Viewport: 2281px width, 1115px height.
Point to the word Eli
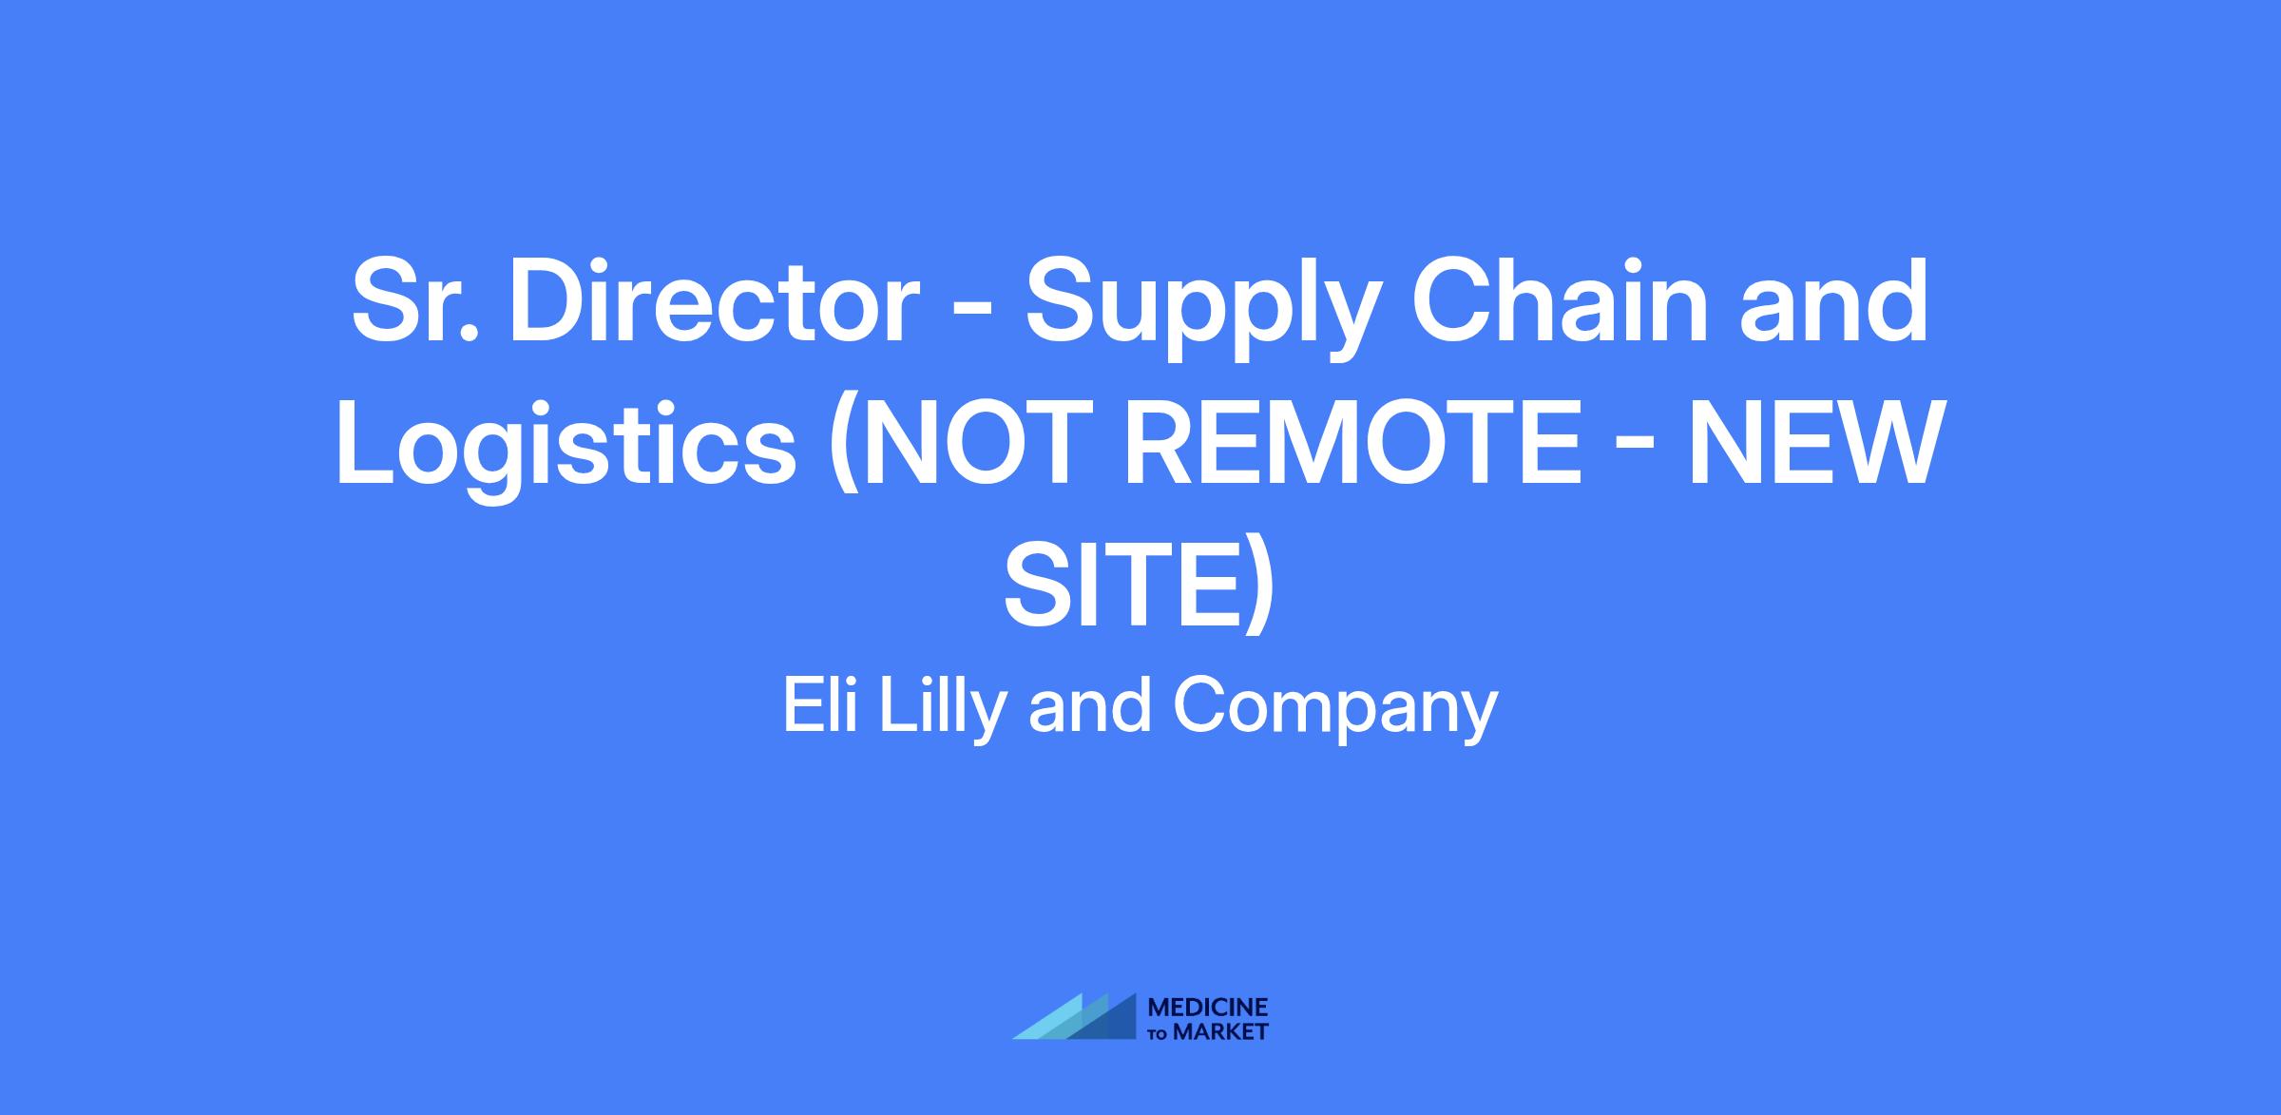coord(819,705)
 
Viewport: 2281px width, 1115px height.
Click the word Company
coord(1335,711)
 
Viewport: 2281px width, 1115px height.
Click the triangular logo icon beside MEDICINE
coord(1074,1016)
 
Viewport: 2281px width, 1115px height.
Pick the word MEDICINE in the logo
coord(1208,1008)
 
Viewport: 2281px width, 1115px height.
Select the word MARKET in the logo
coord(1221,1031)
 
